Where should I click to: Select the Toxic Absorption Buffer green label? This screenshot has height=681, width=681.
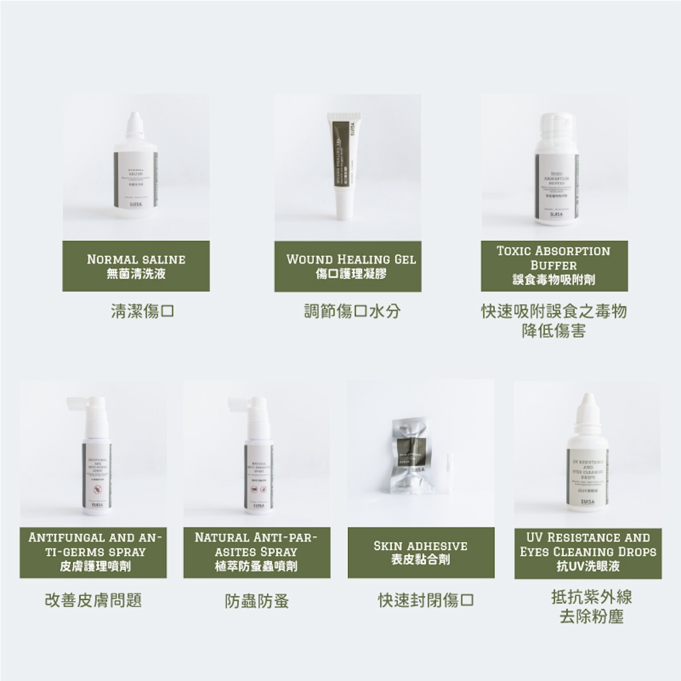[x=554, y=266]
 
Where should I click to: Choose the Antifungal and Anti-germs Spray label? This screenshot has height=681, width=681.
[x=93, y=552]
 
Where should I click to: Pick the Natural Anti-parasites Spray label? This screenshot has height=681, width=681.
[x=257, y=552]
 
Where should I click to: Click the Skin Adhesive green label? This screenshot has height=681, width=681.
[x=420, y=552]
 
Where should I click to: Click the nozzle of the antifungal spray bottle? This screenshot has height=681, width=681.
[x=78, y=403]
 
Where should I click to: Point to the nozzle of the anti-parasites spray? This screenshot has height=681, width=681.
[x=240, y=403]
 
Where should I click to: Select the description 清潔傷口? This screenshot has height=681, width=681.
[x=143, y=312]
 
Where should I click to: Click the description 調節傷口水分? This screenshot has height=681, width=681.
[x=352, y=312]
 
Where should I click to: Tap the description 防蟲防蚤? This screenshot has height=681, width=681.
[x=257, y=601]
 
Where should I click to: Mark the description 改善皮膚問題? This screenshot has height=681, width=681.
[x=93, y=601]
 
